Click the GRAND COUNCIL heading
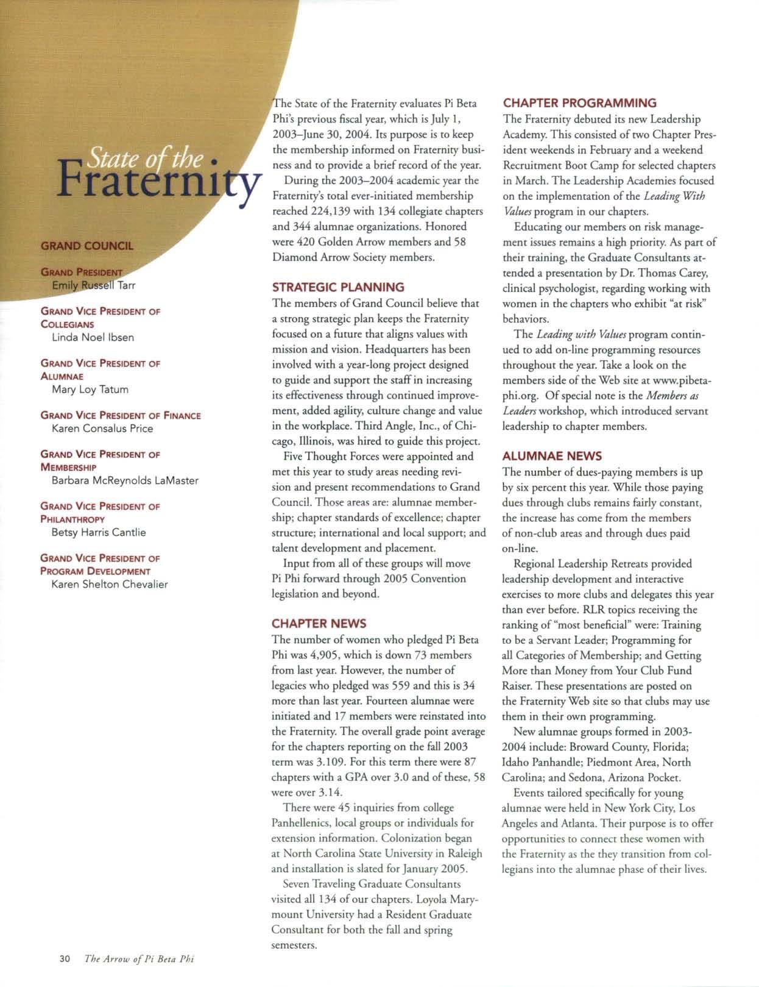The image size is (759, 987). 86,246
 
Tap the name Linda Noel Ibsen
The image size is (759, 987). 93,337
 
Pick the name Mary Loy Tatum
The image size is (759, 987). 90,389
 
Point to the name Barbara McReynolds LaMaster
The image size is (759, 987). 125,480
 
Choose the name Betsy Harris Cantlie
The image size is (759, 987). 99,532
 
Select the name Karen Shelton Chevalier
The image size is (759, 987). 110,584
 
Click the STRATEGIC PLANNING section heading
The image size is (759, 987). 338,287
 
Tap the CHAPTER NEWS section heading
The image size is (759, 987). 319,624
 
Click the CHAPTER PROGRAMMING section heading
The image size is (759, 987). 580,103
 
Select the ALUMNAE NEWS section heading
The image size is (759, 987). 552,456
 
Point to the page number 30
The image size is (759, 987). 66,958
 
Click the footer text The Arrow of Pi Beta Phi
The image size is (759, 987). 139,958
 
